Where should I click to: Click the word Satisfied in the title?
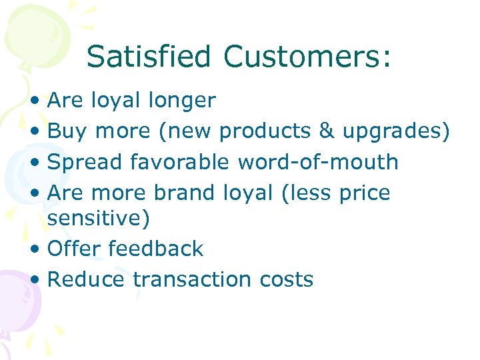point(151,57)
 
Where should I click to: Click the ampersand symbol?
point(327,131)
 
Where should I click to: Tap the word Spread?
point(85,162)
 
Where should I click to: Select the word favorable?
point(180,162)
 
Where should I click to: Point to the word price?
point(363,193)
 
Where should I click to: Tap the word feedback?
point(155,249)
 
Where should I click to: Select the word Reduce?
point(86,279)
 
